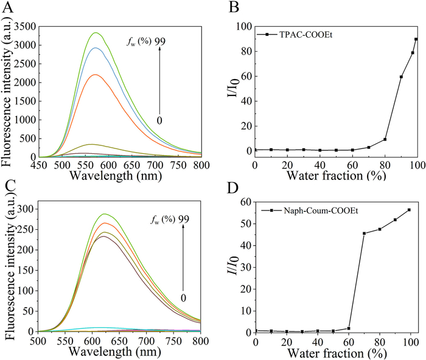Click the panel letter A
9,7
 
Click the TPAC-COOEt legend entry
292,35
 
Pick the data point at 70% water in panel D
364,234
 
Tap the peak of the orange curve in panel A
95,75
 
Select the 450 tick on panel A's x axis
38,164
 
